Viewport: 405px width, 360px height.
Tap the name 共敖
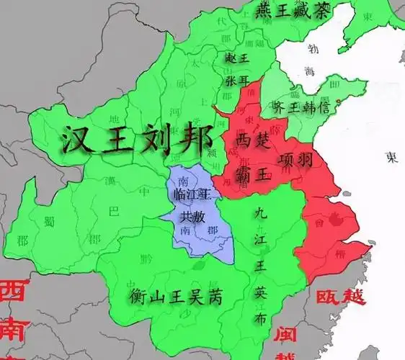click(190, 216)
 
